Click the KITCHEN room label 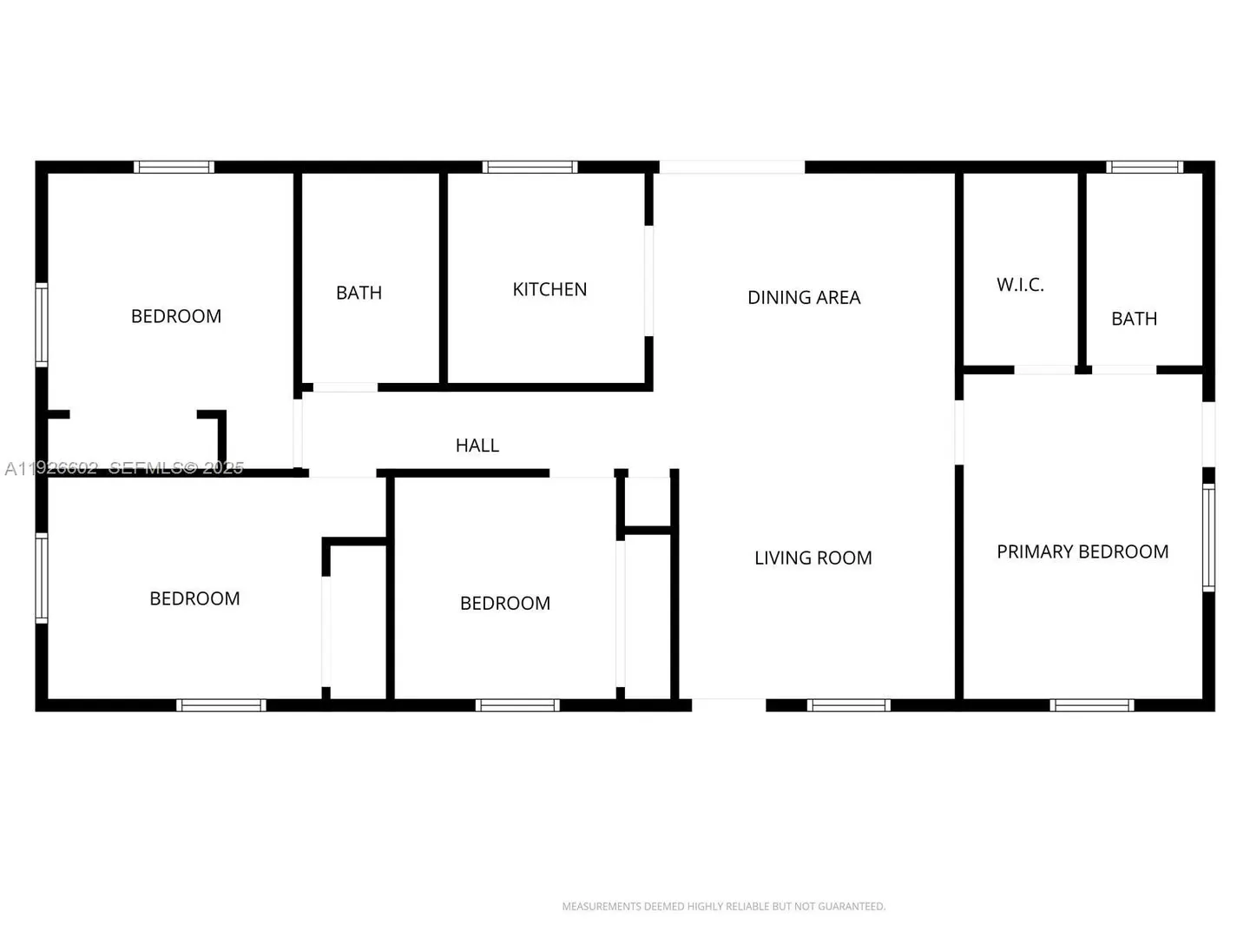click(x=549, y=289)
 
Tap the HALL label click(x=477, y=446)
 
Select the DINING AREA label click(x=804, y=297)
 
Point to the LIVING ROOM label click(x=813, y=558)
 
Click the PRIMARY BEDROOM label click(x=1082, y=552)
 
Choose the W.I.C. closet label click(x=1020, y=285)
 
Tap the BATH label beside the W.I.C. click(x=1135, y=319)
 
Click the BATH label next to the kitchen click(x=359, y=293)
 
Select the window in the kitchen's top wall click(x=530, y=167)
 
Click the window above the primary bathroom click(x=1145, y=167)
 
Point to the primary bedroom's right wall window click(x=1208, y=538)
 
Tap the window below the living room click(x=848, y=705)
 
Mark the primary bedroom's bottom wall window click(x=1092, y=705)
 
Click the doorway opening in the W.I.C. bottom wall click(x=1044, y=370)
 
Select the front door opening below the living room click(x=729, y=705)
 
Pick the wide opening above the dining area click(x=733, y=167)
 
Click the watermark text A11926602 click(x=51, y=468)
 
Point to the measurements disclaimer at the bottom click(x=724, y=906)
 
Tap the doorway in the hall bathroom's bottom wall click(x=345, y=387)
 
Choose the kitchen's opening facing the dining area click(x=648, y=281)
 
